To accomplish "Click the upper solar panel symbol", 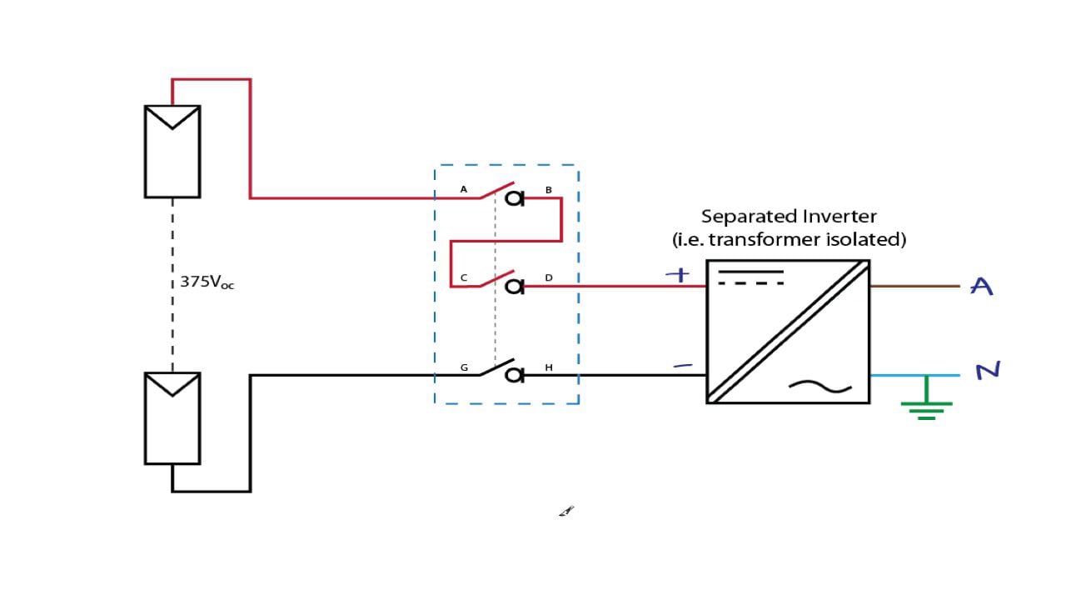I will click(x=172, y=151).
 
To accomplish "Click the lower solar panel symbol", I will click(x=172, y=417).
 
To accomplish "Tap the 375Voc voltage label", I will click(x=207, y=282).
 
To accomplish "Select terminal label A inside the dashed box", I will click(x=464, y=190).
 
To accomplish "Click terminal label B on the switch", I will click(x=548, y=190).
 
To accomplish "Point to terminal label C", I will click(x=464, y=277).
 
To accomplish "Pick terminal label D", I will click(x=548, y=277).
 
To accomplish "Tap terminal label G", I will click(x=464, y=367).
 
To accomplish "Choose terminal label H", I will click(x=548, y=367).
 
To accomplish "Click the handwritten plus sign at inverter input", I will click(x=680, y=275).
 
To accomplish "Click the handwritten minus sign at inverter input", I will click(x=682, y=365).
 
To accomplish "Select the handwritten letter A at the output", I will click(x=983, y=287).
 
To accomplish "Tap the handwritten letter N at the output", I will click(x=987, y=370).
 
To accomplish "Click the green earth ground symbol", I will click(x=926, y=406).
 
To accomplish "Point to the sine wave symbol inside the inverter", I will click(x=820, y=386).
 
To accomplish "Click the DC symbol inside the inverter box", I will click(x=750, y=277).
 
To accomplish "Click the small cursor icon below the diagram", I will click(x=566, y=511).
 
